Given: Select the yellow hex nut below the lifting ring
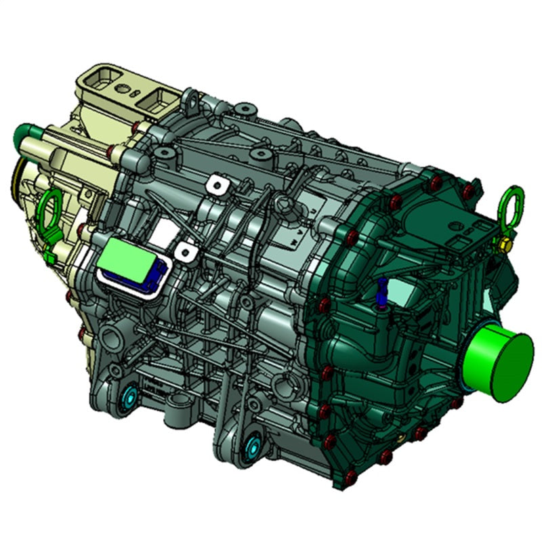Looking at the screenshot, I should tap(504, 243).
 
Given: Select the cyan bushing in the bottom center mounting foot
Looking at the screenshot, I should tap(254, 446).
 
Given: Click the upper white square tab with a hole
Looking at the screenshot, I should tap(215, 184).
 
